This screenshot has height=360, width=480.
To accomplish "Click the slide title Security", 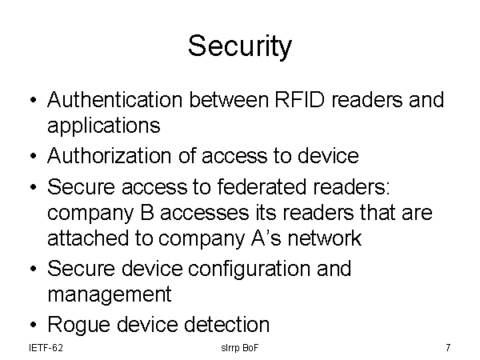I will (240, 46).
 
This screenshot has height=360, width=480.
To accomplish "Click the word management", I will (110, 295).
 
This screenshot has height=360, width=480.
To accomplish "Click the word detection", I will (226, 325).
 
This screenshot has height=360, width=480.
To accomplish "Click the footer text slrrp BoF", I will (240, 348).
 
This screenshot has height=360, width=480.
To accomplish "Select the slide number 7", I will (447, 348).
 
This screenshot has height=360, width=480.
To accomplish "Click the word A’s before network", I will (258, 238).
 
